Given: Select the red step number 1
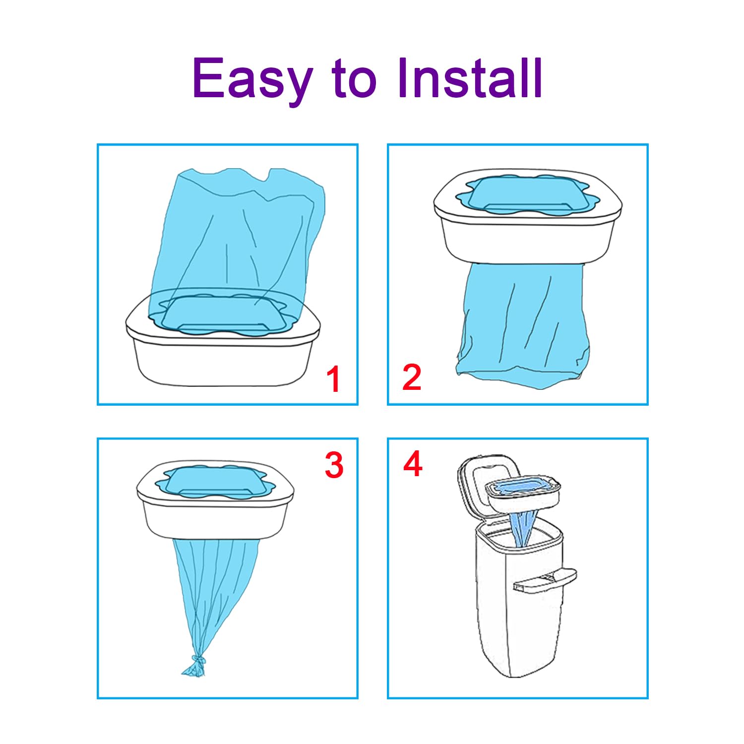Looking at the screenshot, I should point(333,379).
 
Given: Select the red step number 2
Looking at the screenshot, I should point(412,377).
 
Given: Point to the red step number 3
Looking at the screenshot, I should point(334,465).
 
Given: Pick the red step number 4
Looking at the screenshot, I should point(413,464).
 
